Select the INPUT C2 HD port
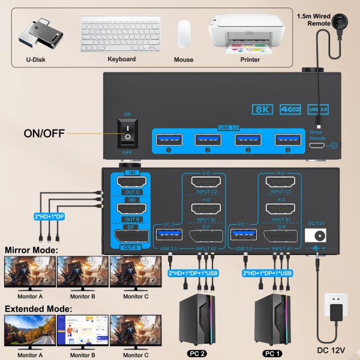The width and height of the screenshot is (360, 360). (x=205, y=182)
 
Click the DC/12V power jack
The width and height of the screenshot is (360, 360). (x=314, y=236)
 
